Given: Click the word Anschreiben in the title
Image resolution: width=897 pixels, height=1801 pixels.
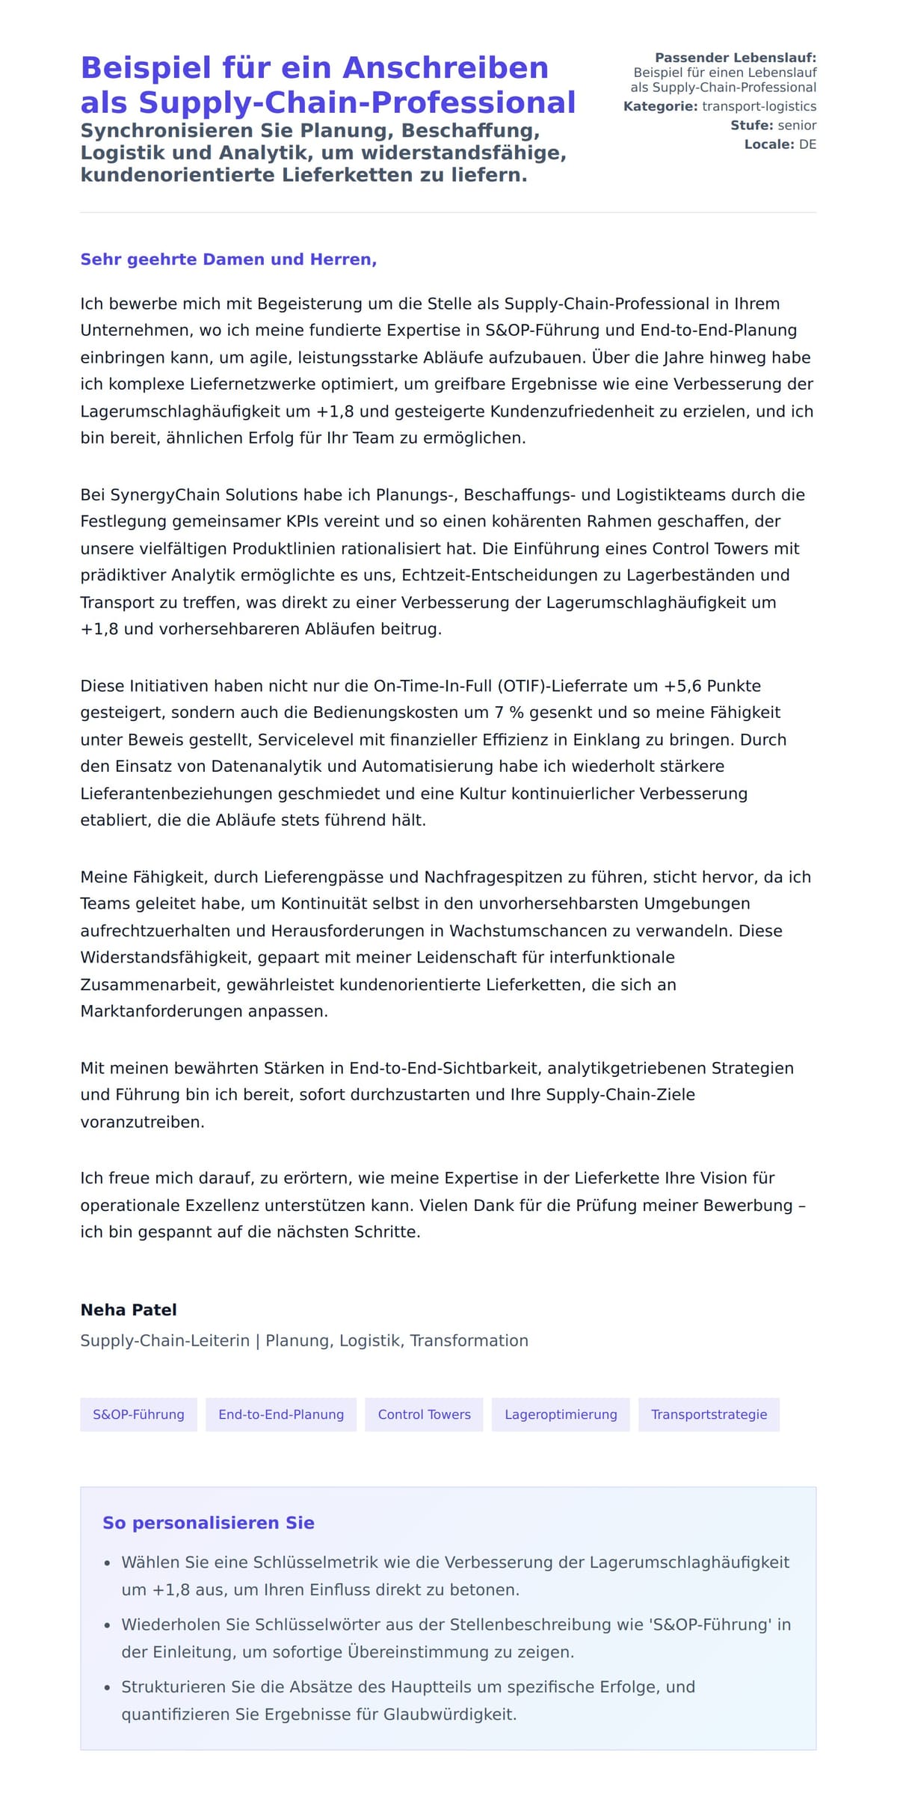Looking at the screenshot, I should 446,68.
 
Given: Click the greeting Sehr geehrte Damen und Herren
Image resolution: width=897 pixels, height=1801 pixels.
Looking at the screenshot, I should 228,260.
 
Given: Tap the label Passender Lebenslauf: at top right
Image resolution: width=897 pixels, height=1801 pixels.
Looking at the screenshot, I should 735,58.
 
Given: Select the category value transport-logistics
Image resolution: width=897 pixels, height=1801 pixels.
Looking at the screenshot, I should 759,106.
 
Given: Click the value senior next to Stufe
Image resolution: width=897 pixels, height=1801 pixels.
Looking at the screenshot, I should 797,125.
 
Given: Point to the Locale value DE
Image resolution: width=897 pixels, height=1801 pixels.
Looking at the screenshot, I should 807,144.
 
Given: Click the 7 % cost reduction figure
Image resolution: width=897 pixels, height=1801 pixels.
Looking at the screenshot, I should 508,713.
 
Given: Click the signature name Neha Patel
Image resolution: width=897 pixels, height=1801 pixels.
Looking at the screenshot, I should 129,1310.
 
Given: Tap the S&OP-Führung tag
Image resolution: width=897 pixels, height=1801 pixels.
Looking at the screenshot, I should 138,1414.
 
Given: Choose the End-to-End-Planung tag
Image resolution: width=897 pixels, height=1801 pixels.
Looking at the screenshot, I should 281,1414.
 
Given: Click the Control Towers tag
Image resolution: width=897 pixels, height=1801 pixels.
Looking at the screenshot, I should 424,1414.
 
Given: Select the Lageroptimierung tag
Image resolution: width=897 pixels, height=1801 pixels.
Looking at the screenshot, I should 561,1414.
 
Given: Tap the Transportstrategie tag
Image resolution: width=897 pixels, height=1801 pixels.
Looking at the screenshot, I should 709,1414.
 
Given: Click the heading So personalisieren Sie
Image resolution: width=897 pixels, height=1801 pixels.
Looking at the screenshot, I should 209,1523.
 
